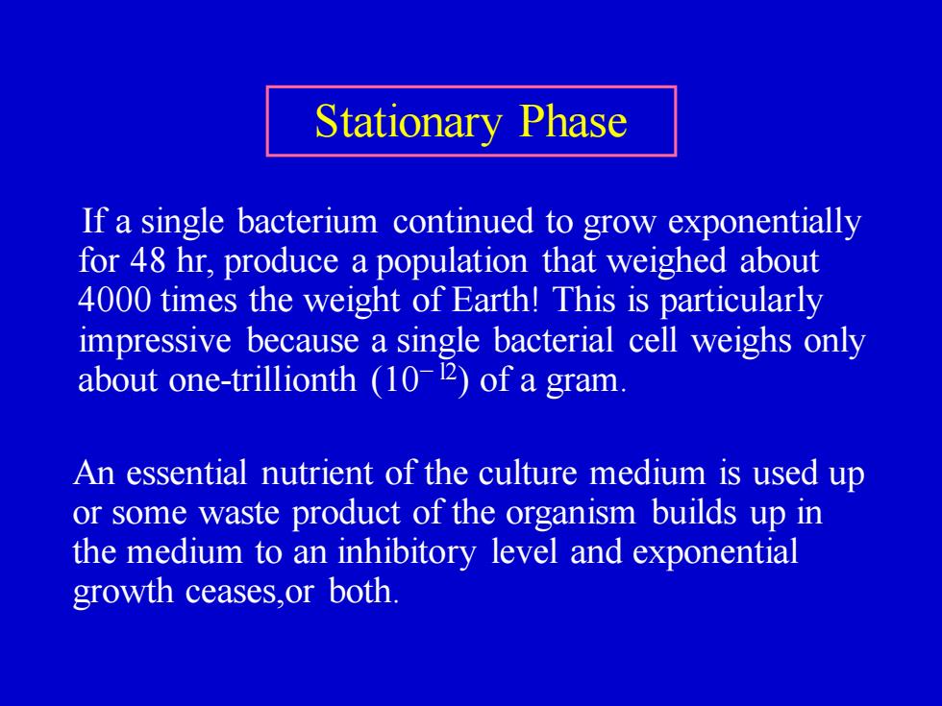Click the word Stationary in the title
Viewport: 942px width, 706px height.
[408, 123]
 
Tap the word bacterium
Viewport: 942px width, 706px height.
[308, 221]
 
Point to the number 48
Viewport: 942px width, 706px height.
[147, 261]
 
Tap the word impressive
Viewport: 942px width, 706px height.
[155, 341]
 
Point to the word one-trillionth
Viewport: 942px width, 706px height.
[262, 379]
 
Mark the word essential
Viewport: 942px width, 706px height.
[186, 473]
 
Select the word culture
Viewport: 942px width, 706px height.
[528, 473]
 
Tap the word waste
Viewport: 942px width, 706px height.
[239, 514]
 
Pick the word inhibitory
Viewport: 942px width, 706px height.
[407, 553]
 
